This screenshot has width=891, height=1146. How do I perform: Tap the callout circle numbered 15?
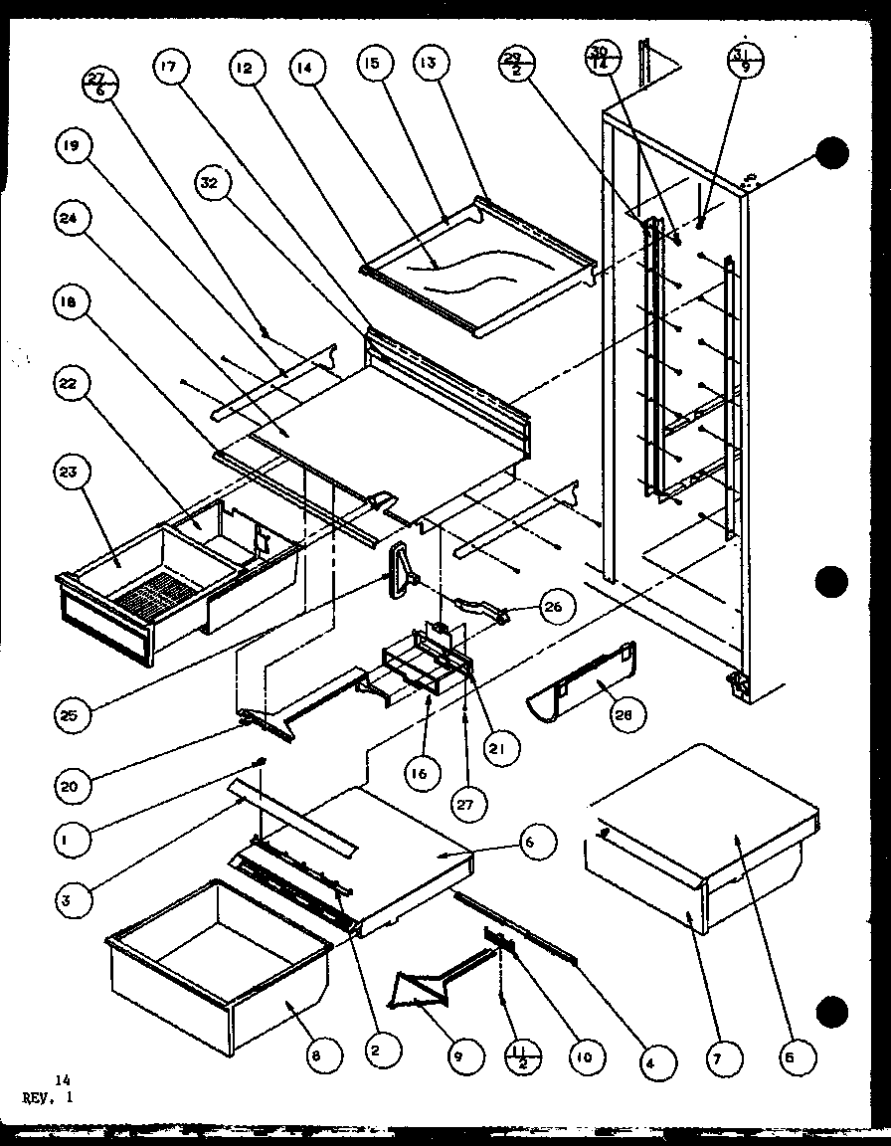pos(373,68)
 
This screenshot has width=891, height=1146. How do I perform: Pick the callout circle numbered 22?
pos(73,385)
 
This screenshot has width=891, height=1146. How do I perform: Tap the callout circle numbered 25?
pos(73,713)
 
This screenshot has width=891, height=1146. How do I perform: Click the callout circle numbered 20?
pos(73,787)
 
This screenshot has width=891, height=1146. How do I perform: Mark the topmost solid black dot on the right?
pos(832,152)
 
